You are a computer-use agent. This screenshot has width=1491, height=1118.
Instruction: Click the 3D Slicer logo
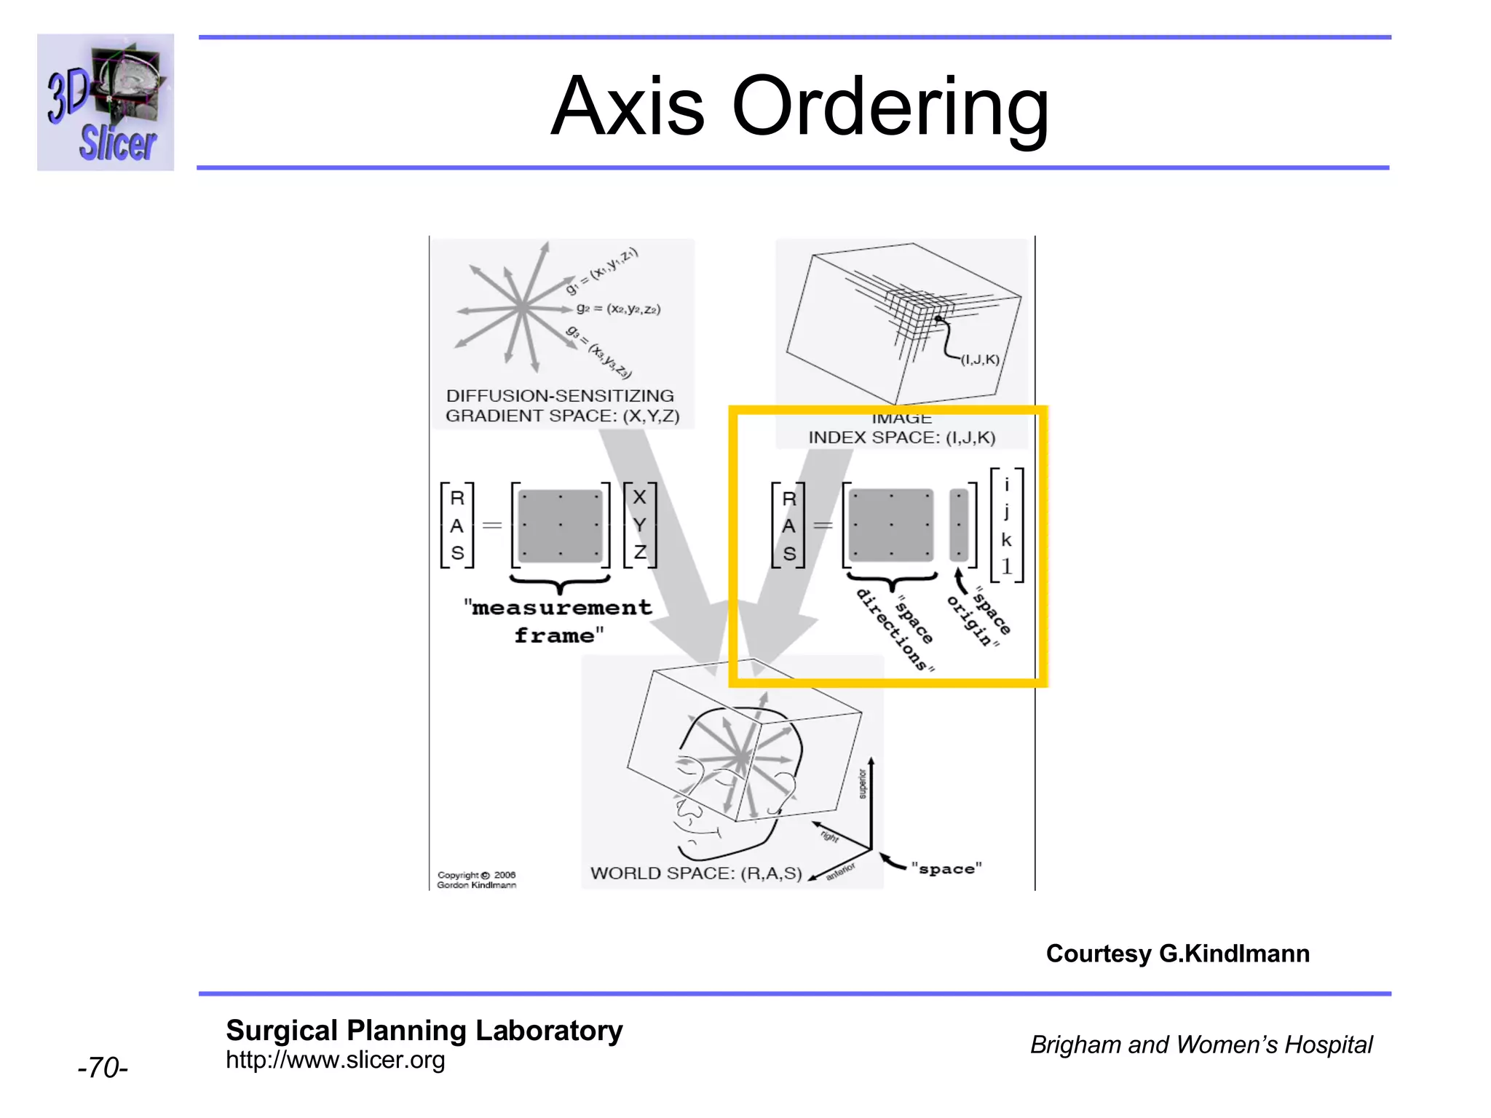(106, 102)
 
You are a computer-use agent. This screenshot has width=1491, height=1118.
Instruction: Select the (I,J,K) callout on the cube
(980, 360)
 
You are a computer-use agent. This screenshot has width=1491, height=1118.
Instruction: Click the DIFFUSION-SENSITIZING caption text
(560, 396)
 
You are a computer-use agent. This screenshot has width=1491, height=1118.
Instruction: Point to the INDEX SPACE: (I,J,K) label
(901, 437)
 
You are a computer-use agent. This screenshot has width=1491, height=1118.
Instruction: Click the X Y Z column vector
(639, 525)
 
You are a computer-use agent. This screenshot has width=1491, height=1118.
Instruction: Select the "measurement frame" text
(558, 621)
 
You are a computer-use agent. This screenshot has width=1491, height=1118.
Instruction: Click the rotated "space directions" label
(895, 630)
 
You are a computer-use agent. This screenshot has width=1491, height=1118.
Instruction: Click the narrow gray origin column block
(959, 525)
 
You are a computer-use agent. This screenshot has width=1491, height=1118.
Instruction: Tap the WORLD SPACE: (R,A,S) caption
(695, 873)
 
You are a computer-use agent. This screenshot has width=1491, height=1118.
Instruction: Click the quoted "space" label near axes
(946, 869)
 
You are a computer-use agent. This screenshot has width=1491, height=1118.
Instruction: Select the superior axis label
(863, 784)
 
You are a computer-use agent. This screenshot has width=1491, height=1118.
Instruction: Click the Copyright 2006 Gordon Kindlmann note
(477, 880)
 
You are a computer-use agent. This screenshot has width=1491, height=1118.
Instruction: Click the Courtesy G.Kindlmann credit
(1177, 954)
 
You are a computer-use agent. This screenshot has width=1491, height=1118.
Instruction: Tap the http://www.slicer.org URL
(335, 1060)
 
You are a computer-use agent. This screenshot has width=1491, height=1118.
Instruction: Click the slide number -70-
(103, 1068)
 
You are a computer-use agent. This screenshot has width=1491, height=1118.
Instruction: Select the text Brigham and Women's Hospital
(1201, 1044)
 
